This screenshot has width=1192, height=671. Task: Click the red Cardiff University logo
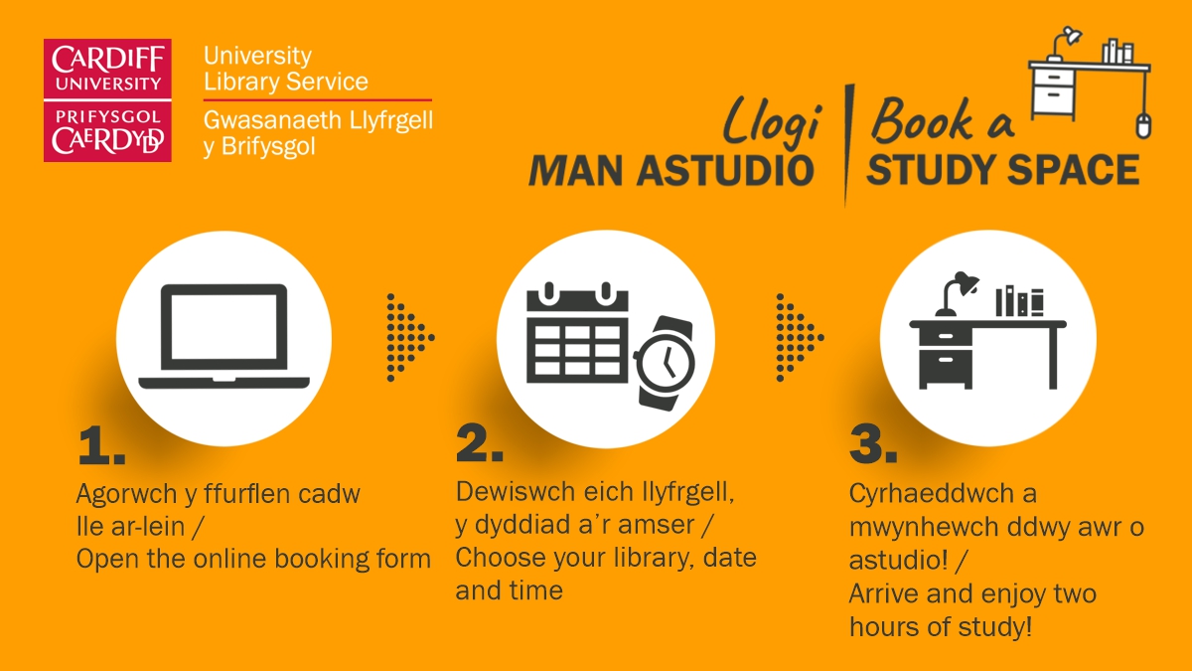pyautogui.click(x=107, y=100)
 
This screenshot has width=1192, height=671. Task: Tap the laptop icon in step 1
pyautogui.click(x=224, y=336)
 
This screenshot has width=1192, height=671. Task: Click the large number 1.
pyautogui.click(x=101, y=445)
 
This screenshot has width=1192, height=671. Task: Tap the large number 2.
pyautogui.click(x=479, y=442)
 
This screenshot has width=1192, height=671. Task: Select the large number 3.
pyautogui.click(x=873, y=443)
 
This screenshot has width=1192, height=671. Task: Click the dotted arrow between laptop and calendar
pyautogui.click(x=410, y=338)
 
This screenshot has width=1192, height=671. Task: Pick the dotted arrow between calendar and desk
pyautogui.click(x=800, y=338)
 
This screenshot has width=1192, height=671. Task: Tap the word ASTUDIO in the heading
pyautogui.click(x=725, y=171)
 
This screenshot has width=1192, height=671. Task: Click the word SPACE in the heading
pyautogui.click(x=1074, y=170)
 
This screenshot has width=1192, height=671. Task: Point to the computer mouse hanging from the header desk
pyautogui.click(x=1143, y=125)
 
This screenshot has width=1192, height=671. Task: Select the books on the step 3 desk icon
pyautogui.click(x=1019, y=301)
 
